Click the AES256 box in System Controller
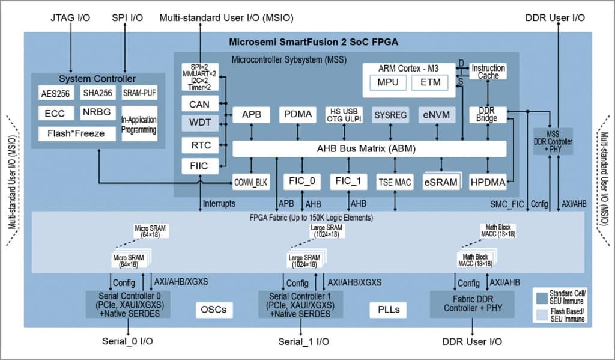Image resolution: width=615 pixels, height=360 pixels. (55, 94)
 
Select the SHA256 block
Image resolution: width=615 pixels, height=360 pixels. (96, 94)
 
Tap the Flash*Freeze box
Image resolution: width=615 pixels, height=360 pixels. (76, 133)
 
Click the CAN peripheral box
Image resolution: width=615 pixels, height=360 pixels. (199, 104)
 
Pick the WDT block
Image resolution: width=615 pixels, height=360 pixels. (199, 124)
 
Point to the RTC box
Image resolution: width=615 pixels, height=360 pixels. (199, 145)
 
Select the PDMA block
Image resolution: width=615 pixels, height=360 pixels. (298, 114)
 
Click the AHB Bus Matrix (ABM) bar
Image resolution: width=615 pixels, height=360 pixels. (369, 148)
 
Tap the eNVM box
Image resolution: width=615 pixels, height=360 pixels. (436, 114)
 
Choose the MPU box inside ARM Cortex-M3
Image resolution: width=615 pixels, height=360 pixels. (387, 82)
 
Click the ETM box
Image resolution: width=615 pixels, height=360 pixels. (429, 82)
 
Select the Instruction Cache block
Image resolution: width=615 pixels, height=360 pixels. (488, 72)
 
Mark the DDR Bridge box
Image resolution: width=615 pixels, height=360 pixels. (487, 114)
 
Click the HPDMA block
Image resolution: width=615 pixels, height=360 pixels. (488, 182)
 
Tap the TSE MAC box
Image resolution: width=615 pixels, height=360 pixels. (395, 182)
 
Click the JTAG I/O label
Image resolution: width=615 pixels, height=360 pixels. (71, 17)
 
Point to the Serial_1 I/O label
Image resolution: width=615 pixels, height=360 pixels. (303, 341)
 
